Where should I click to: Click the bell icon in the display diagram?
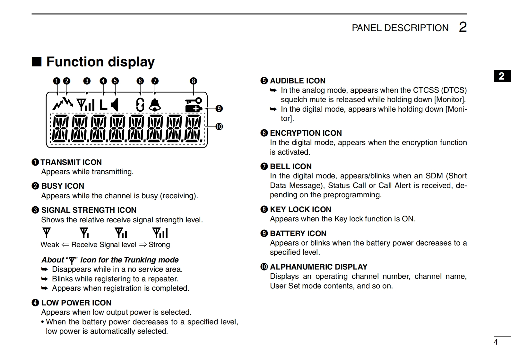click(155, 105)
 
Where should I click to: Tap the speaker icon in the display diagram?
click(115, 105)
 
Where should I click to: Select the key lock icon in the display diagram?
click(194, 100)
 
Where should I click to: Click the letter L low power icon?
click(103, 105)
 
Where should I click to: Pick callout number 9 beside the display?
click(219, 108)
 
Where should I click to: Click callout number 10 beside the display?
click(219, 126)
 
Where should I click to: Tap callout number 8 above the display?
click(193, 81)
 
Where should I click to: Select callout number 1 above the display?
click(56, 81)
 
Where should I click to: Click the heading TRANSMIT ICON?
click(71, 162)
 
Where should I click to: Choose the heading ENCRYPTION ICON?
click(306, 133)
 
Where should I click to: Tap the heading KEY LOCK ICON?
click(300, 210)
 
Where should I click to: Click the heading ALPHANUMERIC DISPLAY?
click(318, 267)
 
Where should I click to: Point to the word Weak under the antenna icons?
click(50, 245)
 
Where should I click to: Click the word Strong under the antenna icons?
click(159, 245)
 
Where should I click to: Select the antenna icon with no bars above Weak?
click(47, 233)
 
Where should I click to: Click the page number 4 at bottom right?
click(496, 342)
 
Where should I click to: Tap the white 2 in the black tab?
click(502, 76)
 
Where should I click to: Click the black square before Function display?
click(37, 62)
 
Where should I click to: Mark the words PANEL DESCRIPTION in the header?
click(400, 28)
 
